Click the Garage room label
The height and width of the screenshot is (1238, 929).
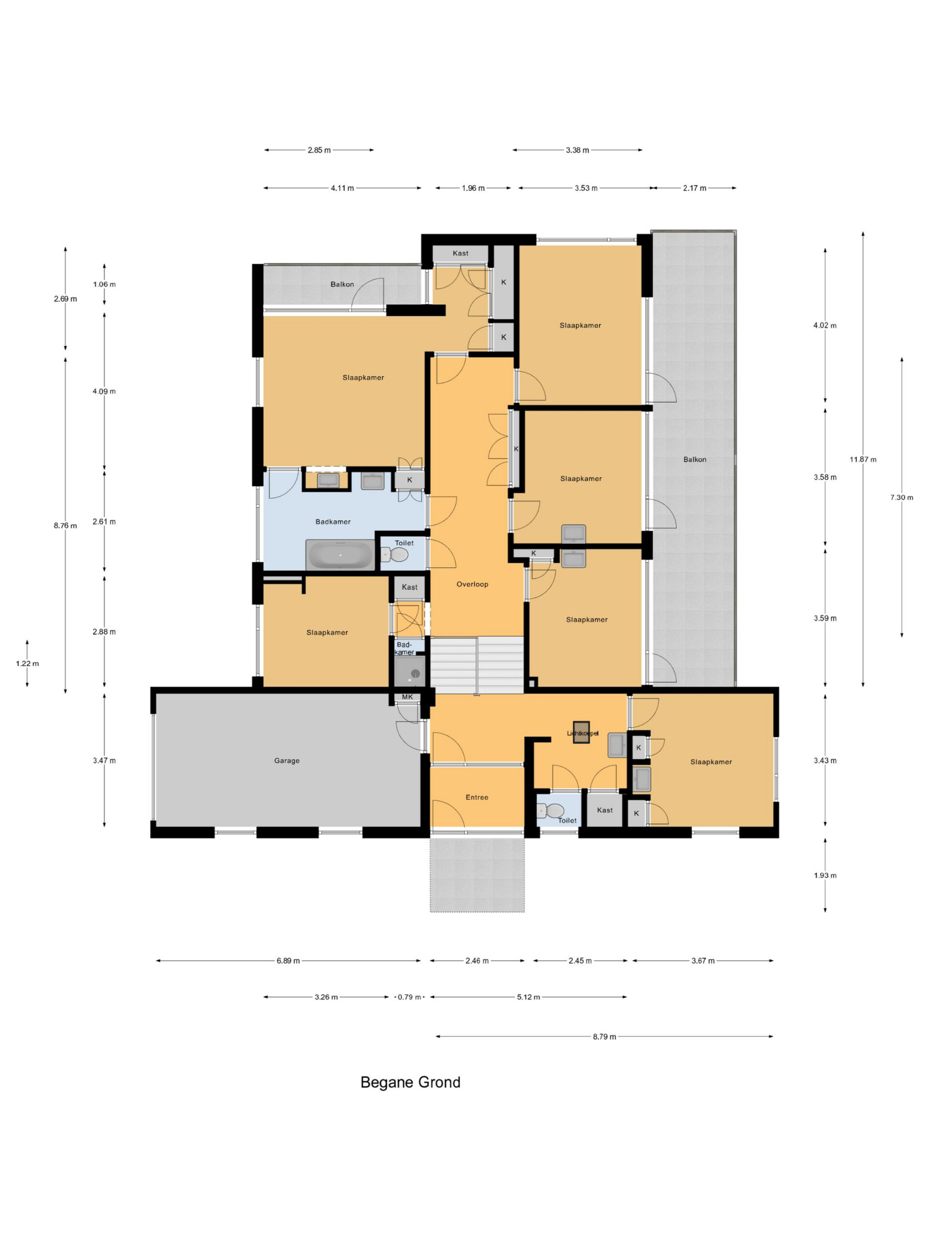pos(287,761)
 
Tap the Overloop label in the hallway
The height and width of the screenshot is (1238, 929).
pos(472,584)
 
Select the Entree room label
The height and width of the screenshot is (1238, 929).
pos(477,797)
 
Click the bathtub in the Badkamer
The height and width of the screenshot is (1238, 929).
pos(340,555)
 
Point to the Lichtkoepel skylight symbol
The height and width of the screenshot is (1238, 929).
pos(581,732)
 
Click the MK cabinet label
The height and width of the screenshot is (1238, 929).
pos(407,697)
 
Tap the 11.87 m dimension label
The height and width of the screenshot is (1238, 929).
pos(863,459)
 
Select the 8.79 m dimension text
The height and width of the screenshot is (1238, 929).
pos(604,1036)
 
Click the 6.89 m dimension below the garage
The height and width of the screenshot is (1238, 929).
pos(288,960)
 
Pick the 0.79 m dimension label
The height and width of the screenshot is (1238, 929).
pos(409,997)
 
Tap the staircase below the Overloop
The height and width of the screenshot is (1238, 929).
pos(477,665)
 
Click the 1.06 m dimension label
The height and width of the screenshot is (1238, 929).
pos(104,284)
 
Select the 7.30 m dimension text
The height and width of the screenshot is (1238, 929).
pos(901,497)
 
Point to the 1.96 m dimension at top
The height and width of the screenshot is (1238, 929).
pos(473,188)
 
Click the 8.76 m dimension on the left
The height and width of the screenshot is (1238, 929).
pos(65,526)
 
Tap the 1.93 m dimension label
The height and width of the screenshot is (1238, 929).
pos(825,875)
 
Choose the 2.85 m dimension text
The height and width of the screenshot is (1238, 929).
pos(319,150)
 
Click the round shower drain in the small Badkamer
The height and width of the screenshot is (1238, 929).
pos(416,674)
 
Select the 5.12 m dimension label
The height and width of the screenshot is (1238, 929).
pos(529,997)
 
